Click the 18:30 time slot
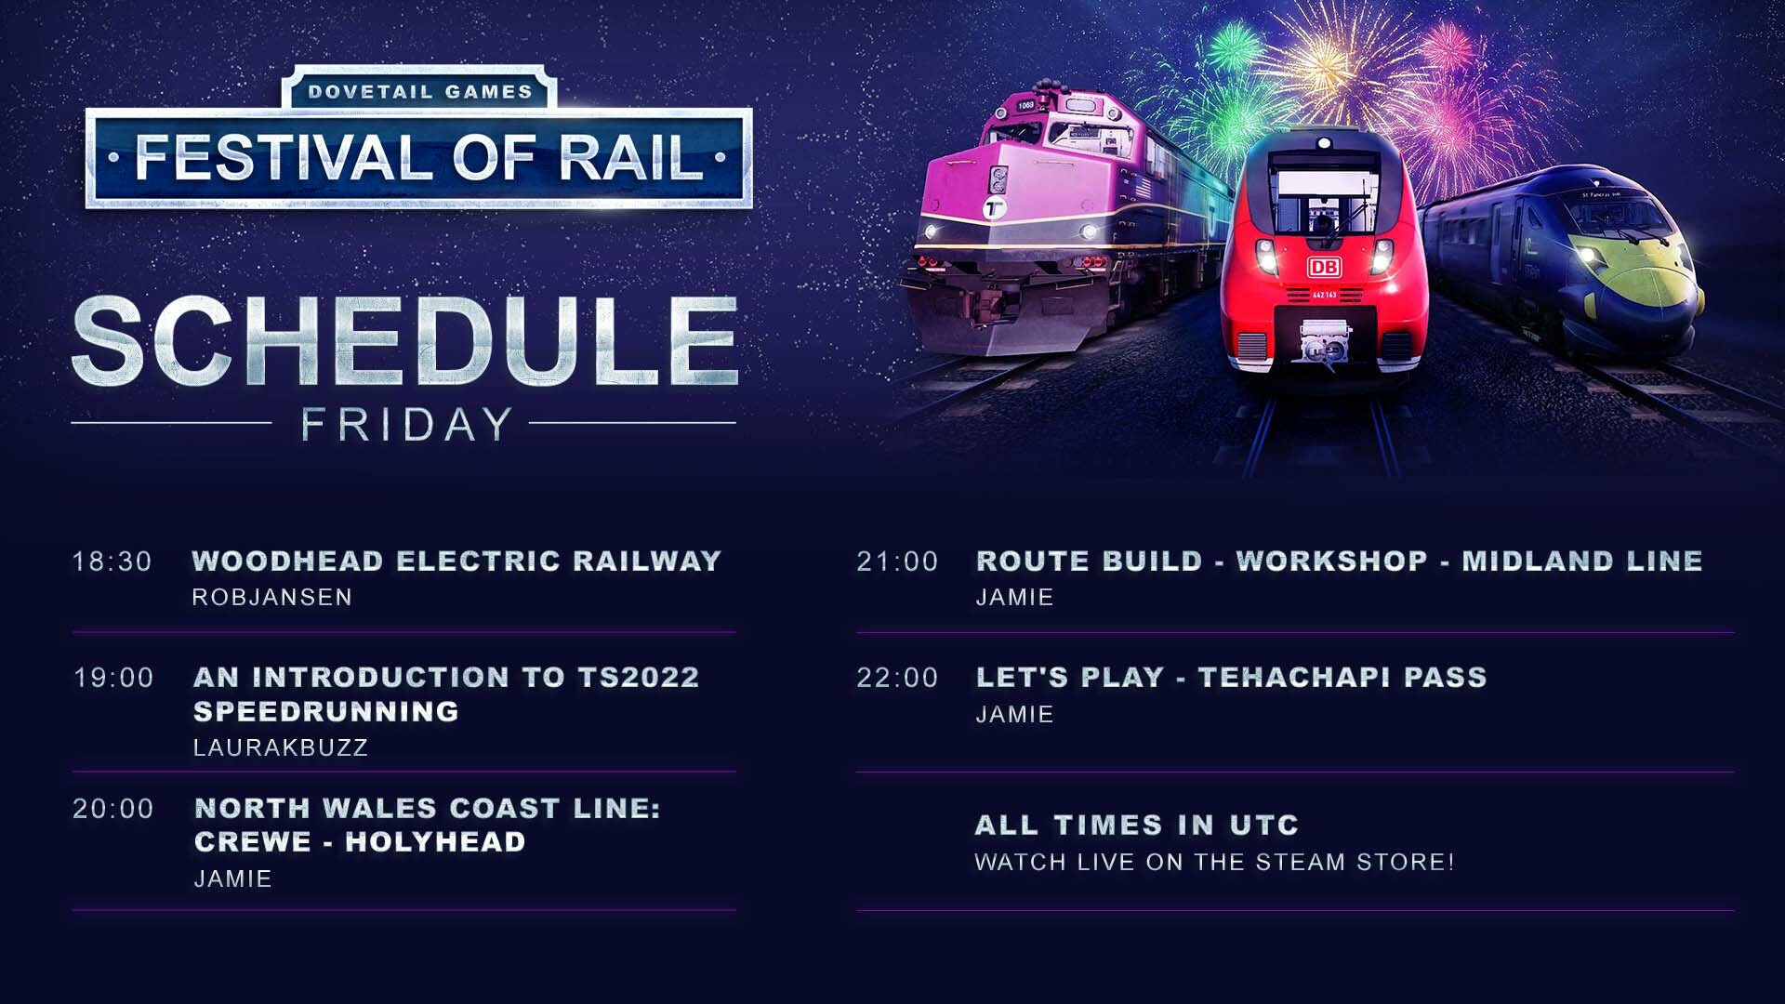[x=112, y=561]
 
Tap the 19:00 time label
[x=113, y=678]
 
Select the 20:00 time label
[x=113, y=809]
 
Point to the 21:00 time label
[x=897, y=561]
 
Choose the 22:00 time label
[x=897, y=678]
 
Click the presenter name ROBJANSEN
[x=272, y=597]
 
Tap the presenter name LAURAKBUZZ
[x=281, y=747]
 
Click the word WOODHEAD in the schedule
[x=287, y=561]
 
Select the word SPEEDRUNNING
[x=326, y=711]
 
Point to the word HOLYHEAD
[x=435, y=841]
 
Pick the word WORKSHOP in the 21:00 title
[x=1331, y=561]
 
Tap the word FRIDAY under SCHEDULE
[x=406, y=424]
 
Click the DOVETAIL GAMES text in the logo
[x=420, y=92]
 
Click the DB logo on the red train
[x=1324, y=268]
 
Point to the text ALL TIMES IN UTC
[x=1136, y=825]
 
